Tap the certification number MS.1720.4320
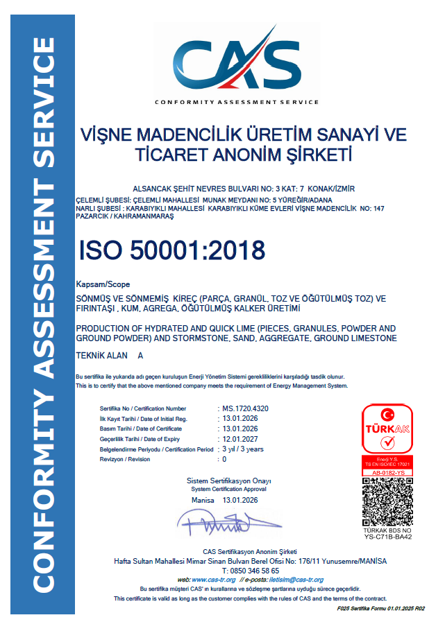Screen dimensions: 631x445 (244, 408)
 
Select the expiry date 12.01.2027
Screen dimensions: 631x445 (239, 439)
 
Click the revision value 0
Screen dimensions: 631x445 (223, 459)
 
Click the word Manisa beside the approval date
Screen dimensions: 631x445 (203, 500)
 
